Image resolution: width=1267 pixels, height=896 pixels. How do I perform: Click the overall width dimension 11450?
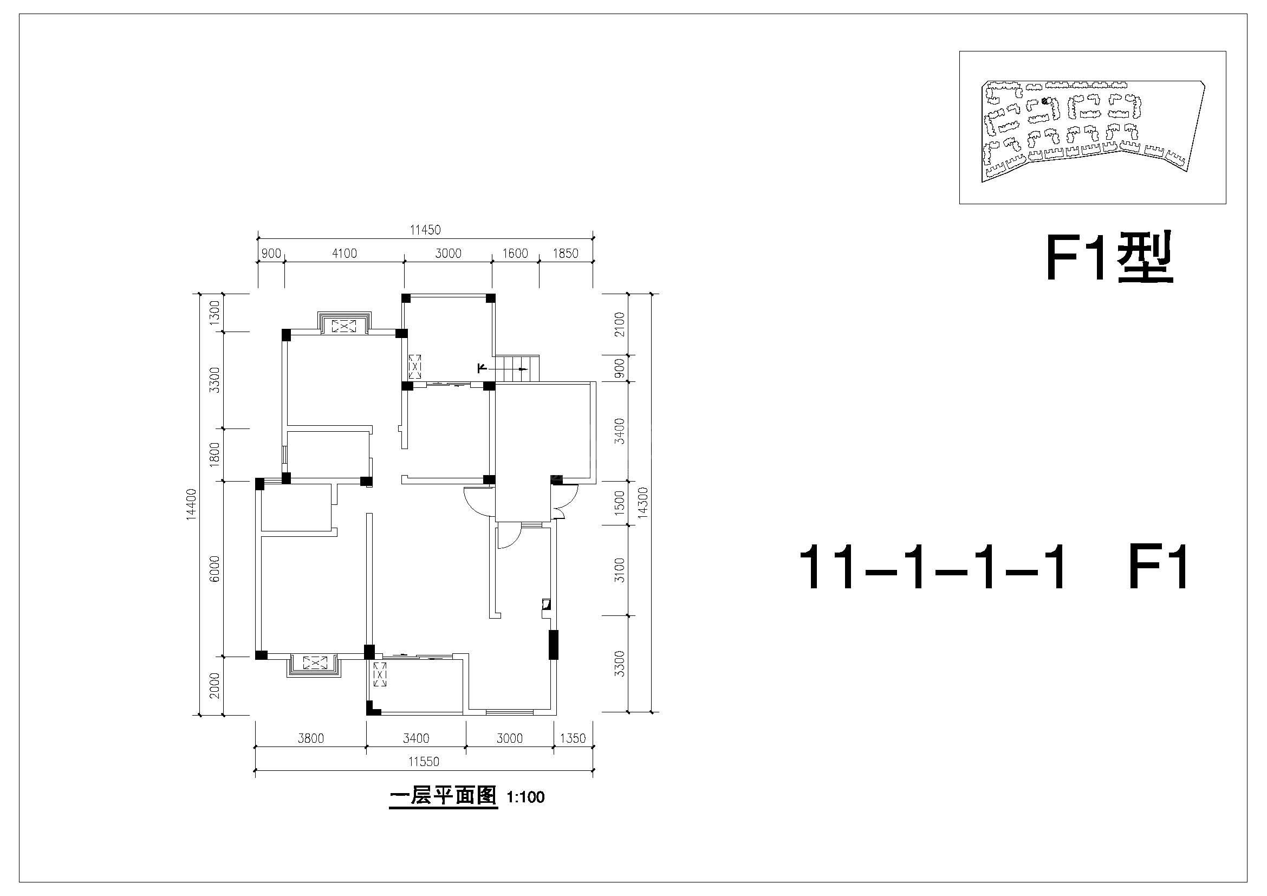[425, 230]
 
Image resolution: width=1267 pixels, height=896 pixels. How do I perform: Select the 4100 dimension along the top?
[345, 253]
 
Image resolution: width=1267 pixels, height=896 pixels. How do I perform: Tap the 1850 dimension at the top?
[566, 253]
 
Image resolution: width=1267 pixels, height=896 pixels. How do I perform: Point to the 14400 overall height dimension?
[191, 504]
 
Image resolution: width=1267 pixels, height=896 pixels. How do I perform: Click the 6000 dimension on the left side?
[215, 568]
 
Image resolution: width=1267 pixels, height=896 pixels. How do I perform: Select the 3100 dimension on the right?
[619, 570]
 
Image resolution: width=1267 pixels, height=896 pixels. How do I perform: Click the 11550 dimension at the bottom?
[424, 762]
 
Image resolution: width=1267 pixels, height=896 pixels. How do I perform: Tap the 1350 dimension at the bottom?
[572, 738]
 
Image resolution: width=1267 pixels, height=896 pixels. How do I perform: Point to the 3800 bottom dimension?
[311, 738]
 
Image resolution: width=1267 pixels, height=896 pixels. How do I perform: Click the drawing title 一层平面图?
[443, 796]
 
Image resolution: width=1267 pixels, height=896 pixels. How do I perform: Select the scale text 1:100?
[525, 797]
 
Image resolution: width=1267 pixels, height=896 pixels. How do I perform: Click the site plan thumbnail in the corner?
[1093, 127]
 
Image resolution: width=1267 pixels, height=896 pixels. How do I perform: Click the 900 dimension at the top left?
[271, 253]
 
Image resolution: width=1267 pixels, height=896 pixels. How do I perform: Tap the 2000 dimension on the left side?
[215, 685]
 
